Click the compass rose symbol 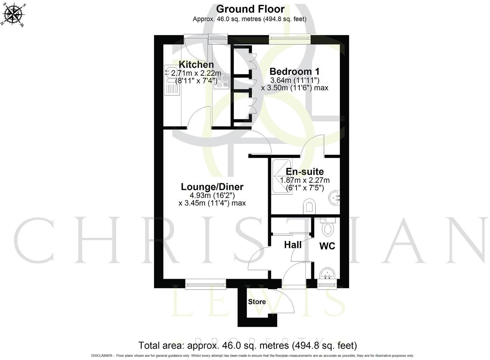13,15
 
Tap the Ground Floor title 250,9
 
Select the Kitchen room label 196,65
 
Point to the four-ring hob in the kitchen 221,82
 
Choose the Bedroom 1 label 294,72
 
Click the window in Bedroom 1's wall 290,39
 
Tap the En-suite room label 305,172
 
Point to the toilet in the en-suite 309,207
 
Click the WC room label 327,246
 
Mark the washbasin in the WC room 327,274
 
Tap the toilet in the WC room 327,227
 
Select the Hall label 293,245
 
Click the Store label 257,302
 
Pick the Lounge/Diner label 212,187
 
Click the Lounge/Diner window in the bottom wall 206,284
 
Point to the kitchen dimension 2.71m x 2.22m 196,73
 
